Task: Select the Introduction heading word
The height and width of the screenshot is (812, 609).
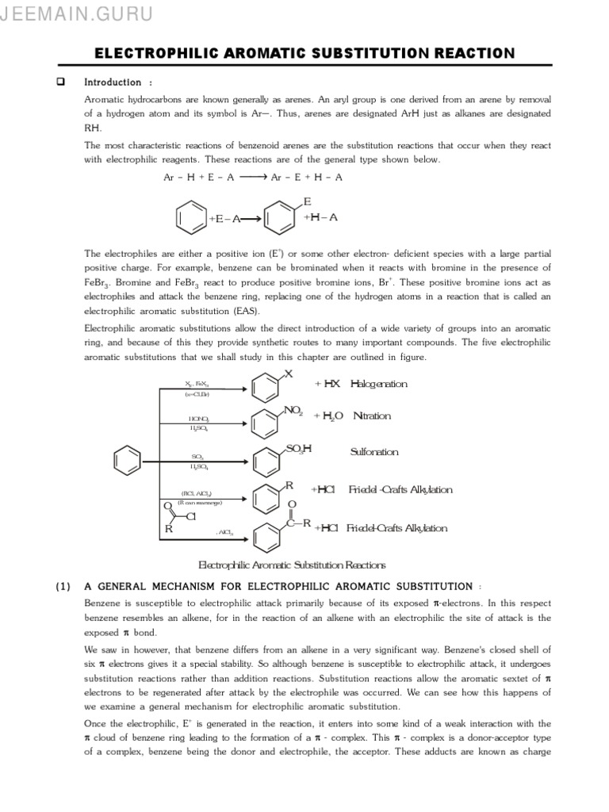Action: [113, 82]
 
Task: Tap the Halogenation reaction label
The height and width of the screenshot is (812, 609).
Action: [379, 384]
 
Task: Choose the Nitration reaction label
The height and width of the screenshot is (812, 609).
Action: [372, 416]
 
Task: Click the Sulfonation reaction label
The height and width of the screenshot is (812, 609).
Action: [374, 452]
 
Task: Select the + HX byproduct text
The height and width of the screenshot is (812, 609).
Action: [327, 384]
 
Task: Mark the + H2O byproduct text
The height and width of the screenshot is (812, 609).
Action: [329, 416]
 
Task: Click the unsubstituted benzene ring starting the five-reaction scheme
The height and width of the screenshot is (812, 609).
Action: [127, 459]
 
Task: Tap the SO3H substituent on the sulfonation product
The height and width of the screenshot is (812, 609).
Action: [299, 449]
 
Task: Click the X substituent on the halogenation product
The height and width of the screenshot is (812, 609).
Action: [289, 373]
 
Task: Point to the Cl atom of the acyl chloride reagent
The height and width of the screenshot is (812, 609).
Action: [191, 517]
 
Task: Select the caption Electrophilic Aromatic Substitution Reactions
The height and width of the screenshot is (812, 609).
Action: [291, 565]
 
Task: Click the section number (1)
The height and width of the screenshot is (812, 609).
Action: [63, 587]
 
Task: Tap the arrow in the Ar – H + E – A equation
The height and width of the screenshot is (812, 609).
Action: [253, 178]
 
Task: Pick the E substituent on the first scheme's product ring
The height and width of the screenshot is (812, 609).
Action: [308, 201]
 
